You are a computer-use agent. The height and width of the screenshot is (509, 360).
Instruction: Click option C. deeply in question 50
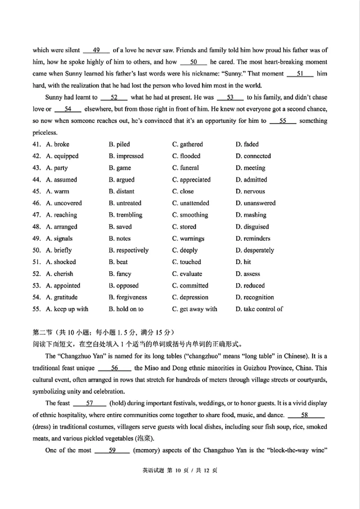pos(185,250)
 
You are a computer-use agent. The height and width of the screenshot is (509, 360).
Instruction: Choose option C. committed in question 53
pos(190,286)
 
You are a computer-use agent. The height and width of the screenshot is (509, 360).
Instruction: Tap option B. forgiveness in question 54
pos(128,297)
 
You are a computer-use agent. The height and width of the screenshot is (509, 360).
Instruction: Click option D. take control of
pos(259,309)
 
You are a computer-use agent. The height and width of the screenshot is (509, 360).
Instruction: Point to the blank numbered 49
pos(96,50)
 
